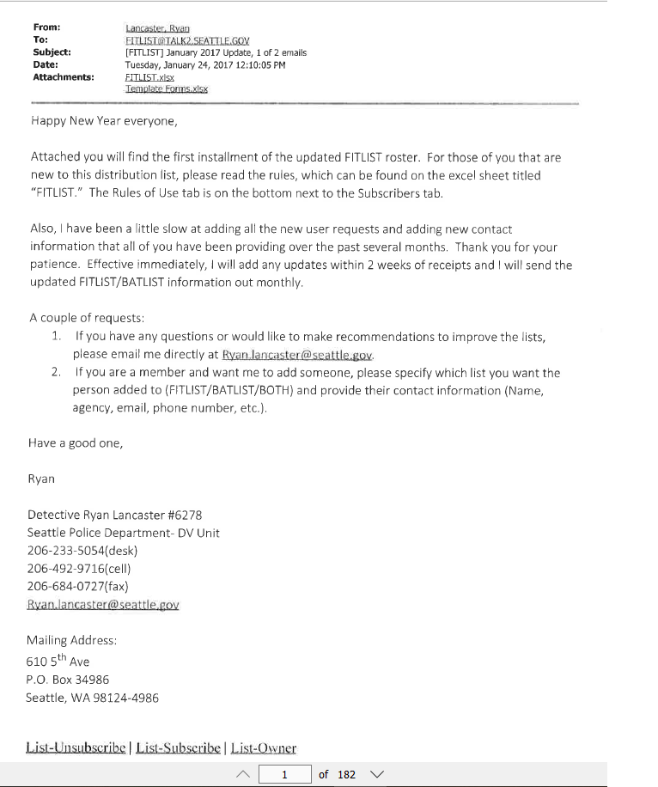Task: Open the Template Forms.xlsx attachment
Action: pyautogui.click(x=167, y=88)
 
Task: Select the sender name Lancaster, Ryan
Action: pyautogui.click(x=157, y=27)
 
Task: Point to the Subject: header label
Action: pyautogui.click(x=52, y=52)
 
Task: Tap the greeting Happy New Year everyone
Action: pyautogui.click(x=103, y=120)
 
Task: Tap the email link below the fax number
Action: pyautogui.click(x=103, y=604)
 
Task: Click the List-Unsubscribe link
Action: pyautogui.click(x=77, y=747)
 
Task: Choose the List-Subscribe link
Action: pyautogui.click(x=177, y=747)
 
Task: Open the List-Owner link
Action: pyautogui.click(x=262, y=747)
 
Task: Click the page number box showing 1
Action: pyautogui.click(x=284, y=774)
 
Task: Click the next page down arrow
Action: pyautogui.click(x=375, y=774)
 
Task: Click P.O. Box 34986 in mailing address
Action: pyautogui.click(x=68, y=680)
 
